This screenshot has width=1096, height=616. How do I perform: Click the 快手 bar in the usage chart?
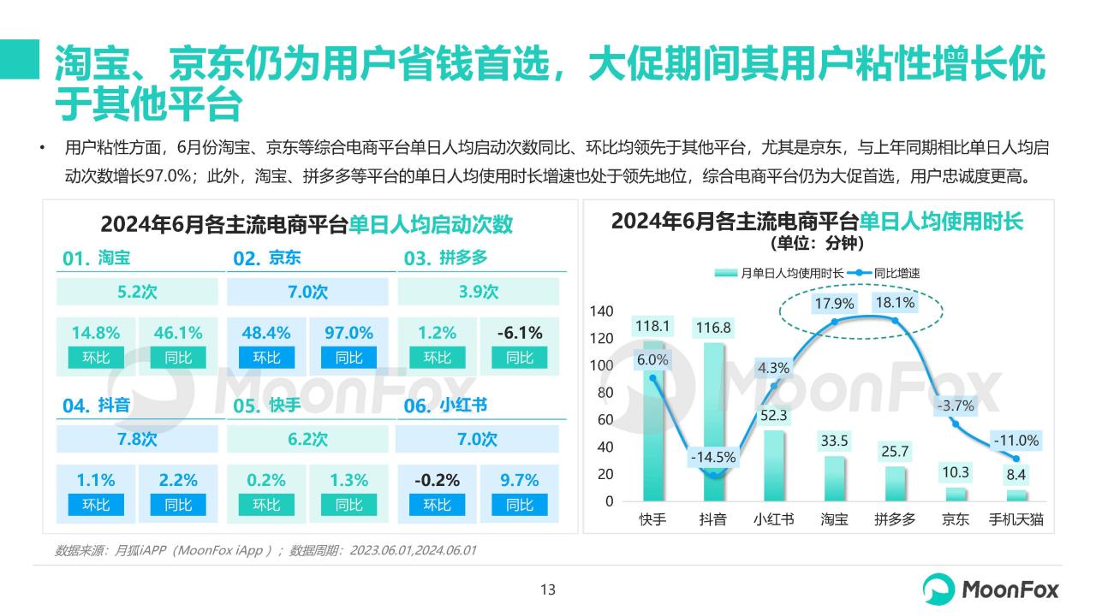tap(652, 411)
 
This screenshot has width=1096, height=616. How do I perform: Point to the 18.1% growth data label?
tap(895, 303)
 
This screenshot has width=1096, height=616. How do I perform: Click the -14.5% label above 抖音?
tap(712, 457)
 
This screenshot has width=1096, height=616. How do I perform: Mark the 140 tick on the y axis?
tap(602, 311)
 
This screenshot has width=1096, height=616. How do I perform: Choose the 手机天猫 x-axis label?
tap(1016, 519)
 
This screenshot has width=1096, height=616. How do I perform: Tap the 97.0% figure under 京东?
tap(349, 333)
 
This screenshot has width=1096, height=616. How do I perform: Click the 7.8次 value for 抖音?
tap(137, 440)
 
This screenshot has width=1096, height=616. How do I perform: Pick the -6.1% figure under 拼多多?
tap(520, 333)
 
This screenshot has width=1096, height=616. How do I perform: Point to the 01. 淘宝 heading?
tap(97, 258)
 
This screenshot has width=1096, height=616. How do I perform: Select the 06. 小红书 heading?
tap(445, 406)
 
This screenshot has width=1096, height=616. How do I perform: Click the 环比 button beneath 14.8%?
tap(96, 358)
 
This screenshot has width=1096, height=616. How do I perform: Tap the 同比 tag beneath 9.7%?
tap(520, 505)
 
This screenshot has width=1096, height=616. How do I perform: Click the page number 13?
tap(548, 589)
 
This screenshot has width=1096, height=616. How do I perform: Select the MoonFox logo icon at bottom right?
tap(938, 589)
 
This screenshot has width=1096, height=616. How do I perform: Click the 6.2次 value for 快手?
tap(307, 440)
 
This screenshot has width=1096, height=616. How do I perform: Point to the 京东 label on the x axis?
tap(955, 519)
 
